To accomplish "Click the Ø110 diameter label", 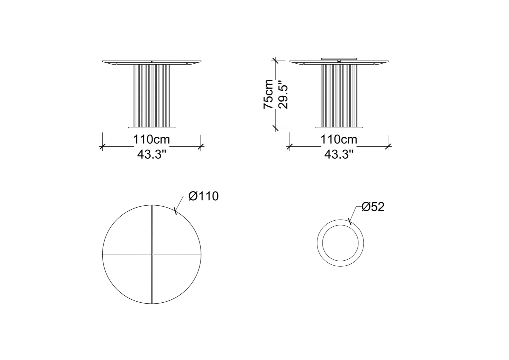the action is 204,196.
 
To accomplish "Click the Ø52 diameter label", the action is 373,207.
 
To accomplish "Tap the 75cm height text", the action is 268,94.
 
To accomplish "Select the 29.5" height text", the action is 283,94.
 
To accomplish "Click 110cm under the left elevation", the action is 151,139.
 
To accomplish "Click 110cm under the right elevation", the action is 338,139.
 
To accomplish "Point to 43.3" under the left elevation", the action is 152,155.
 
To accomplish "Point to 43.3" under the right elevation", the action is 339,155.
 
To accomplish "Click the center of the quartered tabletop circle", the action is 152,254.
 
